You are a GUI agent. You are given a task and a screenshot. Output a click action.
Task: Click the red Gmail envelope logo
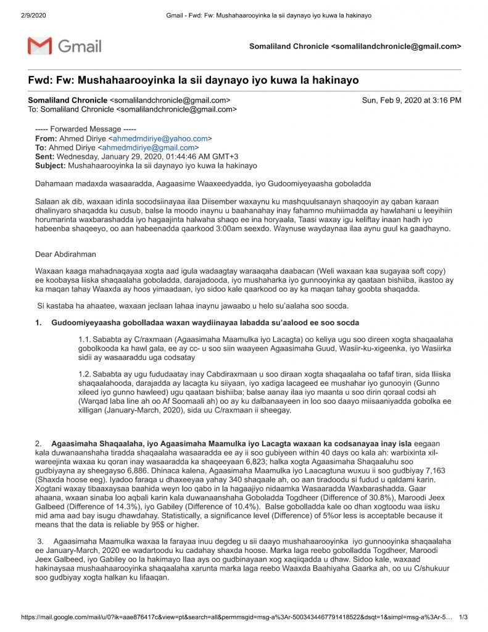coord(39,46)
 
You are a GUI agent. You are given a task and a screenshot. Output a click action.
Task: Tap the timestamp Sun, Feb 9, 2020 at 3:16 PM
coord(411,100)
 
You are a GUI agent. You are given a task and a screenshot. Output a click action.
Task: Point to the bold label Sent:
coord(45,157)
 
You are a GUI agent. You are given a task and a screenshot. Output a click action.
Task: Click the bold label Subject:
coord(50,165)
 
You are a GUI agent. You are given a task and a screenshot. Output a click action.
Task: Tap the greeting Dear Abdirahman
coord(65,254)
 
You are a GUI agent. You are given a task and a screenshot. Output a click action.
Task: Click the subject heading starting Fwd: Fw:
coord(193,80)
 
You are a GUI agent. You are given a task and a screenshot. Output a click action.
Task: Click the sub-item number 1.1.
coord(85,339)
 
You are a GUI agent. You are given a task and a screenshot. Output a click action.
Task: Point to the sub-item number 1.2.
coord(85,374)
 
